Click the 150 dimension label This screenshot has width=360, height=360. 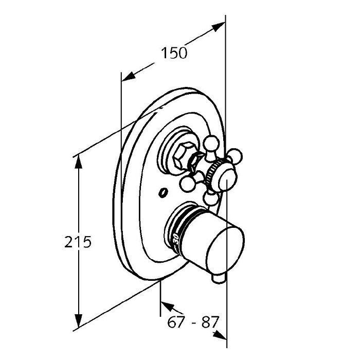[174, 53]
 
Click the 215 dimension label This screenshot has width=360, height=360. [78, 242]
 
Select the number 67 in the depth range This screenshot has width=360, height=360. [176, 322]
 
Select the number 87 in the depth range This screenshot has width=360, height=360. [209, 322]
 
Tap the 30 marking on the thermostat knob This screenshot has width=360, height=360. [176, 239]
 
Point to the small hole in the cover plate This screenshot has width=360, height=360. [163, 192]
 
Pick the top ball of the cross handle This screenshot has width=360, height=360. [211, 143]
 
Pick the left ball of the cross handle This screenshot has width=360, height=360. [187, 184]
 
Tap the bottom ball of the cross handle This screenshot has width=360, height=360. [210, 198]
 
